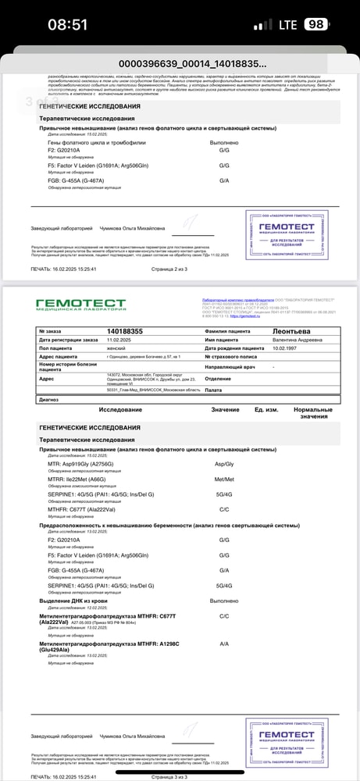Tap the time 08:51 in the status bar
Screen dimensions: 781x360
(x=67, y=24)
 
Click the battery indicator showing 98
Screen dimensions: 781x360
(x=315, y=24)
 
